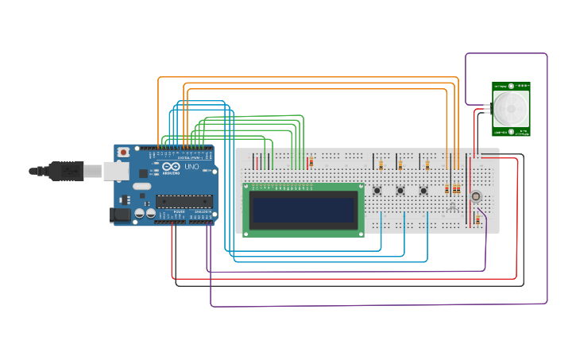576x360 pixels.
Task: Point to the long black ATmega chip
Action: tap(186, 201)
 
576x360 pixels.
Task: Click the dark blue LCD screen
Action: tap(303, 210)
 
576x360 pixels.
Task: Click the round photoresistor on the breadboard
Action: tap(476, 196)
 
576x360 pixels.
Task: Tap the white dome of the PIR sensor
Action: tap(509, 107)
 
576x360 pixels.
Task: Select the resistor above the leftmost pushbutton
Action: tap(381, 165)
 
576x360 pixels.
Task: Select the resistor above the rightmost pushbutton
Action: tap(427, 165)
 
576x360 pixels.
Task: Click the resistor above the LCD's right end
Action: tap(311, 162)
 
